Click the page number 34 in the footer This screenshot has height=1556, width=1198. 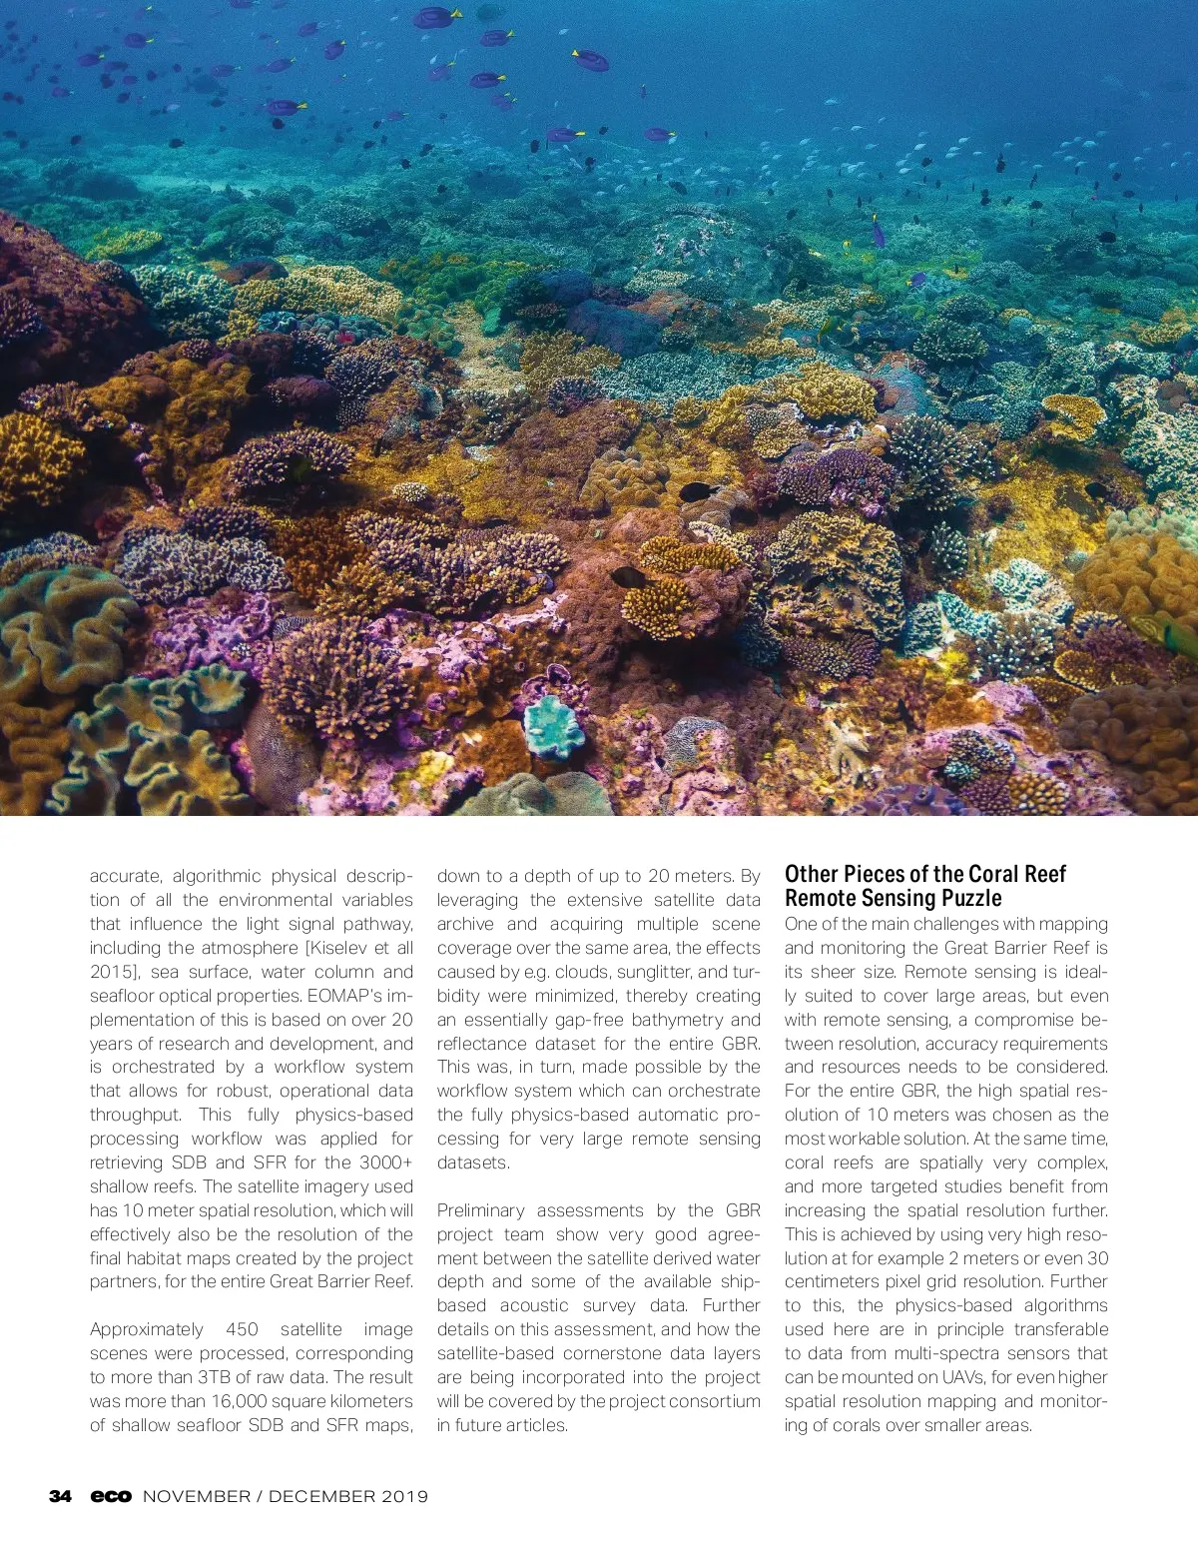tap(60, 1496)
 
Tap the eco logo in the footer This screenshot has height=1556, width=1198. tap(111, 1496)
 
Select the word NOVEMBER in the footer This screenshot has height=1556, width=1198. tap(196, 1496)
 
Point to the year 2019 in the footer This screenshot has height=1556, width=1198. tap(402, 1496)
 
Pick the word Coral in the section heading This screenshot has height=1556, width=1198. tap(992, 874)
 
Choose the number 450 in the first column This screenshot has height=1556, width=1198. tap(242, 1329)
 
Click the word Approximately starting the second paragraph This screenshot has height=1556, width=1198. tap(147, 1329)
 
